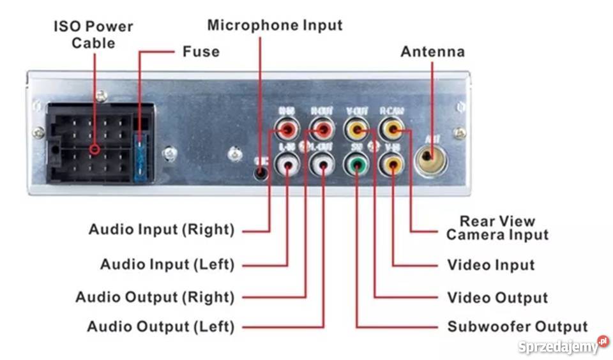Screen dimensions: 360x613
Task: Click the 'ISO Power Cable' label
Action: pos(93,35)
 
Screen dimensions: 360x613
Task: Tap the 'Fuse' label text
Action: pos(201,51)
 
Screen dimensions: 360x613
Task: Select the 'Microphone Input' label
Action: pos(275,26)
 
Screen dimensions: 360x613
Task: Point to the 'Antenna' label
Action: pos(432,52)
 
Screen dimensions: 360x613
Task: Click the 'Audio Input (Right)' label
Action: pos(161,229)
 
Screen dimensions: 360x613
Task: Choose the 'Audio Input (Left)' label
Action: pos(167,264)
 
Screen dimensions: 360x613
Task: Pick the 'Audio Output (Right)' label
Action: pos(155,297)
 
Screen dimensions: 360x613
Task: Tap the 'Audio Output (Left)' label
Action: pos(161,327)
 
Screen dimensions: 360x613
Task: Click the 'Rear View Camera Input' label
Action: pos(497,228)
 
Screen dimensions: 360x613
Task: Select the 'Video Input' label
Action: pos(490,264)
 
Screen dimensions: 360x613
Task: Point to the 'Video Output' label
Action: pos(497,298)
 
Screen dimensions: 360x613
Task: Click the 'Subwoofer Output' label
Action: pos(517,327)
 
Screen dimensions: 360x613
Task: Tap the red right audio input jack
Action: pos(287,131)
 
